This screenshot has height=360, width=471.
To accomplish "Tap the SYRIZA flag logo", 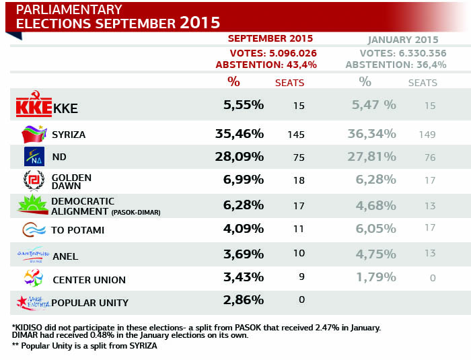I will [x=33, y=134].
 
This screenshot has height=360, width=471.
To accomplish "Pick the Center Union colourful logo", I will [x=33, y=278].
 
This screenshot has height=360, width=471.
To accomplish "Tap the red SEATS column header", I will [x=290, y=83].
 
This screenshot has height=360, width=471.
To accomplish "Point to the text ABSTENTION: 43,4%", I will [x=266, y=65].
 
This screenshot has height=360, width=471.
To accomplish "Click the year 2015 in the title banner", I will [x=200, y=22].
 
